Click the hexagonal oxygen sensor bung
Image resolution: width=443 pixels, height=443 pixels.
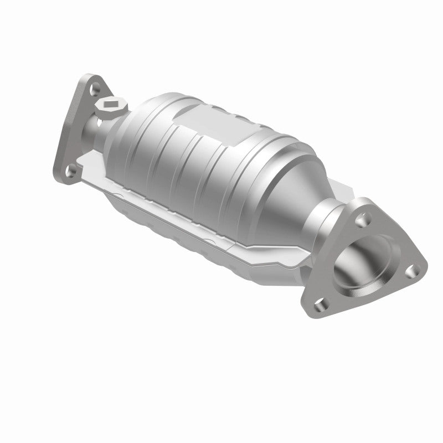point(111,105)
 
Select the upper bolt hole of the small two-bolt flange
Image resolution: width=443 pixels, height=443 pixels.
point(95,87)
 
